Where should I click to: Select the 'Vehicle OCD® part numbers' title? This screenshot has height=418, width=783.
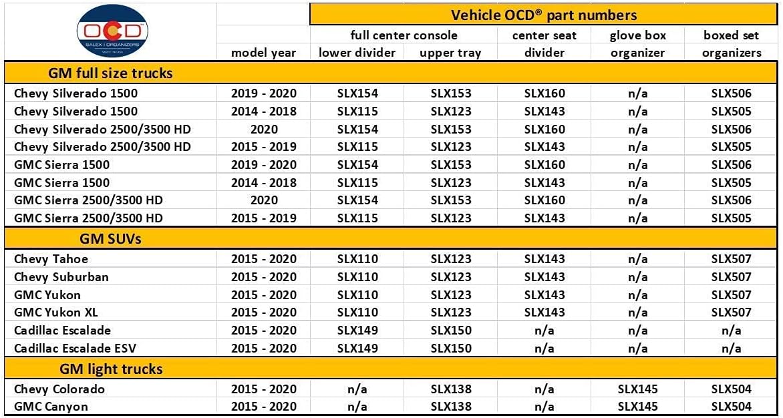(544, 15)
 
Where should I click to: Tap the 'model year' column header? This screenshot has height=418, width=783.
(264, 53)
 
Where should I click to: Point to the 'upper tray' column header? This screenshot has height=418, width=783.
(451, 53)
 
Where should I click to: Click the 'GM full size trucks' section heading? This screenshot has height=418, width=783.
(110, 74)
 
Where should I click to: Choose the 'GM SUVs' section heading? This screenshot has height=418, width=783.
(110, 239)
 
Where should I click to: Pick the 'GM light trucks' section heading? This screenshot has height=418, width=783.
(111, 369)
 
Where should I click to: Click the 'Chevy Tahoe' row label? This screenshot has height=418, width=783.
(51, 259)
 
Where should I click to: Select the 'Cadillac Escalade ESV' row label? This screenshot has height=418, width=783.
(75, 348)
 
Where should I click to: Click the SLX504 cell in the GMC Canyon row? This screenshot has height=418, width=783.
(731, 406)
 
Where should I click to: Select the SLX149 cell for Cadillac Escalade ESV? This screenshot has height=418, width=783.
(357, 348)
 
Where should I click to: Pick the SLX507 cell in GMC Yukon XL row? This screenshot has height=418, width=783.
(731, 312)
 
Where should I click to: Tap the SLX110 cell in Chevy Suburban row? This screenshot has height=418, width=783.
(357, 277)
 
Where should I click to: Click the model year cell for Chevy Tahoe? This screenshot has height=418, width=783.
(264, 259)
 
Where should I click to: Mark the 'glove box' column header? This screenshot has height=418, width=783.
(637, 35)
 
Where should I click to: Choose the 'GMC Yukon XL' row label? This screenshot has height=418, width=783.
(56, 312)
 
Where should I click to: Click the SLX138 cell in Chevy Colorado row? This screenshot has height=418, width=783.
(451, 389)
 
